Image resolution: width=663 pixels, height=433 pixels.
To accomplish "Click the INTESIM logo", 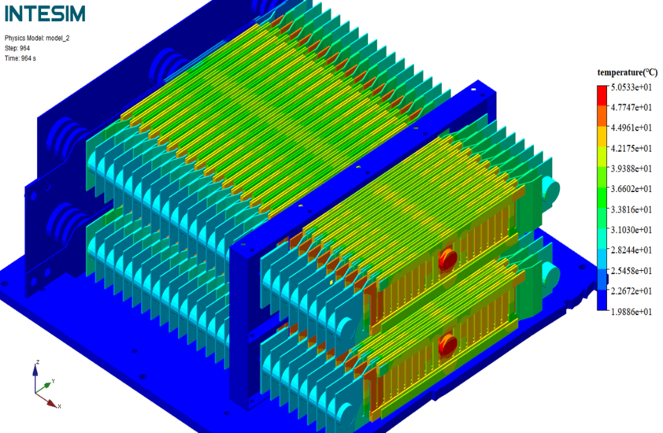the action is pyautogui.click(x=45, y=13).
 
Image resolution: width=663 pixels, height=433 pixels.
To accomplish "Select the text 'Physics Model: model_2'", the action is pyautogui.click(x=37, y=38).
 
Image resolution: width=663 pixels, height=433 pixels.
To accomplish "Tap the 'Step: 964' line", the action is pyautogui.click(x=17, y=48).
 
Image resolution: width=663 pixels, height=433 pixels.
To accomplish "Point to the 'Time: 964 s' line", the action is pyautogui.click(x=20, y=58).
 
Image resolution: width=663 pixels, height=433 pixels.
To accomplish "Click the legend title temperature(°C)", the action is pyautogui.click(x=628, y=72).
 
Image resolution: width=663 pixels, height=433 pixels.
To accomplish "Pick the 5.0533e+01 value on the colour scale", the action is pyautogui.click(x=632, y=87).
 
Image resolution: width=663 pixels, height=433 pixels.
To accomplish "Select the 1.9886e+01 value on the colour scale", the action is pyautogui.click(x=632, y=312).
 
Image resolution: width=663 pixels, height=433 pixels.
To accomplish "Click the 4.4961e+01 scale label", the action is pyautogui.click(x=632, y=128).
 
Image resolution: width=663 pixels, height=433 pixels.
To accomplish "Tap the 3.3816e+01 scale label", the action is pyautogui.click(x=632, y=209).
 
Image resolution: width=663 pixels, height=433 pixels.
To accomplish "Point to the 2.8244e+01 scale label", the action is pyautogui.click(x=632, y=250).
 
